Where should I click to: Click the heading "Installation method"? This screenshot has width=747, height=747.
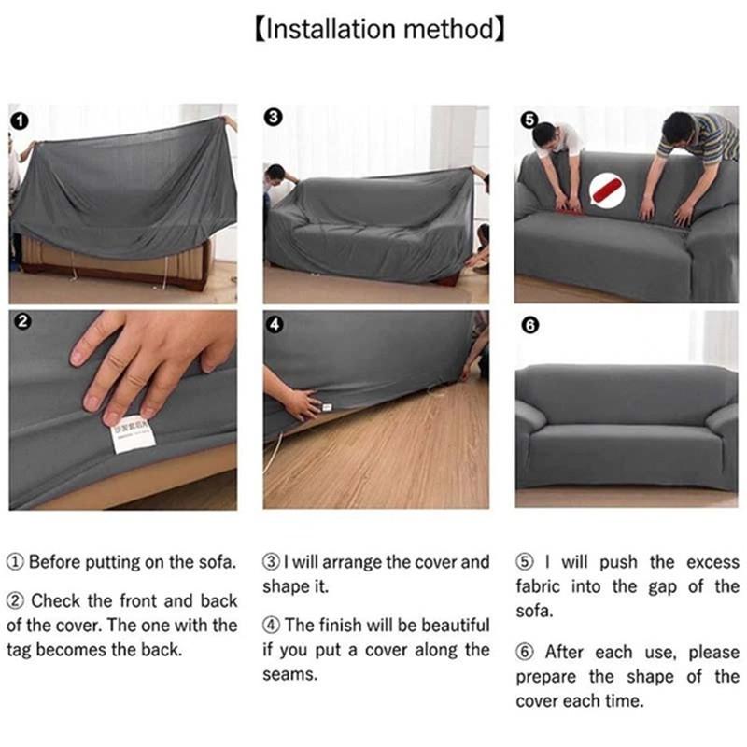pos(379,29)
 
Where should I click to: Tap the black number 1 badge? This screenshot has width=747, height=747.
pos(21,119)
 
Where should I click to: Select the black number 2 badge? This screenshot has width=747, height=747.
pos(21,323)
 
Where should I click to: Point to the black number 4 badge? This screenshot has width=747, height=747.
pos(275,324)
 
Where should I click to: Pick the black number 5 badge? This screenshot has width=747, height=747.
pos(529,119)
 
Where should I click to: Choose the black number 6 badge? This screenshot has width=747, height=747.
pos(529,325)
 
